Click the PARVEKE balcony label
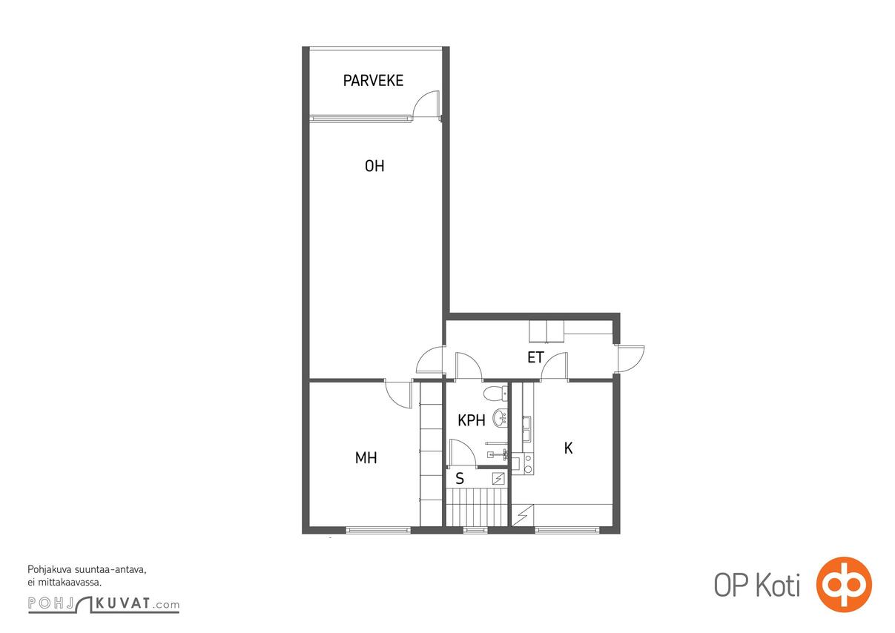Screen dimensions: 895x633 (x=373, y=81)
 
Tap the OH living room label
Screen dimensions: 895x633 (x=374, y=166)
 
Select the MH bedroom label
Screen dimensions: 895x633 (x=366, y=457)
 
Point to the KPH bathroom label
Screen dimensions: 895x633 (x=472, y=420)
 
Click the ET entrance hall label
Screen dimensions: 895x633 (x=535, y=357)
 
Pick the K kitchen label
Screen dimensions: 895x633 (x=568, y=448)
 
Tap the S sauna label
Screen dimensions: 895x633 (x=460, y=478)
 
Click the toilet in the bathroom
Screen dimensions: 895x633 (x=495, y=394)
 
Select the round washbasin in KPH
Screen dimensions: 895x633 (x=500, y=418)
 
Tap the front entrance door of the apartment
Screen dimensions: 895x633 (x=630, y=359)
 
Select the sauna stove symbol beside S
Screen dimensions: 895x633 (x=498, y=478)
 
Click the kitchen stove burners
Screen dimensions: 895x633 (x=528, y=465)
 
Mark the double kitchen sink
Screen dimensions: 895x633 (x=527, y=428)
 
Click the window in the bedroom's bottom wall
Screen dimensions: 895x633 (x=378, y=531)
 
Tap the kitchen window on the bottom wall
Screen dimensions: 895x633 (x=567, y=531)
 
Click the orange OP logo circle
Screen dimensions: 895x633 (x=844, y=585)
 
